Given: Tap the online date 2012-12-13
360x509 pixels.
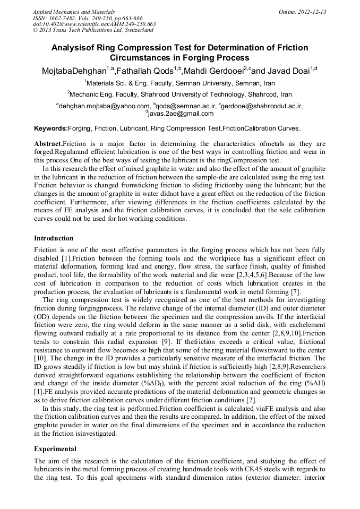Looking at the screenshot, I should coord(310,11).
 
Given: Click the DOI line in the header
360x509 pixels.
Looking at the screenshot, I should coord(94,24).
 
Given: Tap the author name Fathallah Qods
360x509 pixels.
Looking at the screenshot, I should coord(149,71).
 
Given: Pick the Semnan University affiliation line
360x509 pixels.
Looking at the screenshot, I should coord(179,83).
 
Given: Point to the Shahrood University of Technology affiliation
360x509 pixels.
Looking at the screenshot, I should coord(179,94).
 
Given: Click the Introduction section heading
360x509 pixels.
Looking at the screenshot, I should coord(54,238).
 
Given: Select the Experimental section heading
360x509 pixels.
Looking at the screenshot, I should coord(55,448).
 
